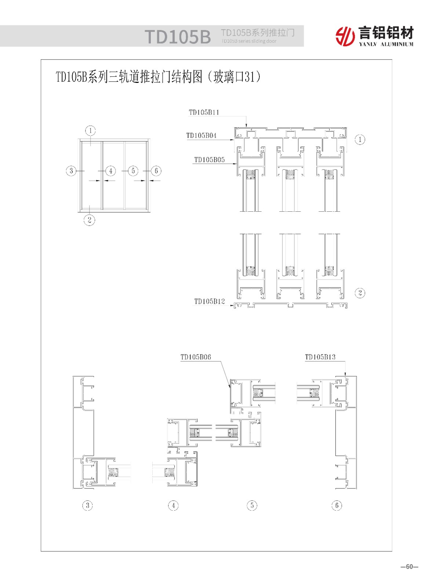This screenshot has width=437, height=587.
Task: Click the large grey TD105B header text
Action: (178, 37)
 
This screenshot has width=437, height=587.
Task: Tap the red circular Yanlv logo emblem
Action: (345, 36)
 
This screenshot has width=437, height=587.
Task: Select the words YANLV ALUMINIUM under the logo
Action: (386, 44)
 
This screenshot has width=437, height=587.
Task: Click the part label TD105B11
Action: (204, 112)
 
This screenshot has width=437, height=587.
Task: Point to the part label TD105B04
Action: (201, 135)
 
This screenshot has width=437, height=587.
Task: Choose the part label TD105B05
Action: (210, 160)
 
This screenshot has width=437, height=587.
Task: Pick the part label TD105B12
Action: (210, 301)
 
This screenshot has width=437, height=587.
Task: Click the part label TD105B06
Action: (196, 357)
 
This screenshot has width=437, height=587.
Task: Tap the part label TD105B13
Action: (320, 357)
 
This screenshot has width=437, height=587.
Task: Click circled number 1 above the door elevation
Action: (91, 131)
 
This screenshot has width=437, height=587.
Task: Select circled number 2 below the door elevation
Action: (89, 220)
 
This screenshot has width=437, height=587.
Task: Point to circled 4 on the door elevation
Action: (111, 171)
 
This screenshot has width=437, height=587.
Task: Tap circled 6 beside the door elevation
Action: (156, 171)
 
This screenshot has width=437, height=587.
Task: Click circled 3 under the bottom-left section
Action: (88, 506)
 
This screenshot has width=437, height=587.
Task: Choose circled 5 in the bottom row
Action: (252, 506)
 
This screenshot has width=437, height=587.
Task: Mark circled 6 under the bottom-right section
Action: (337, 506)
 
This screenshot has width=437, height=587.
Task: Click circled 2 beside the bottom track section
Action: (360, 293)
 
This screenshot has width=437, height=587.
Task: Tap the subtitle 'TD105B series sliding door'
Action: (248, 41)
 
